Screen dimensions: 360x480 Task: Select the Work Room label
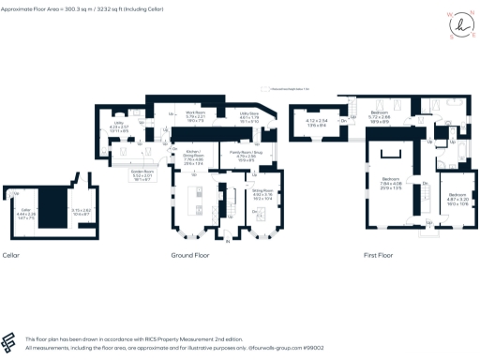pos(194,116)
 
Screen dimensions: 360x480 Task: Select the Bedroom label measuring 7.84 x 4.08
pos(391,183)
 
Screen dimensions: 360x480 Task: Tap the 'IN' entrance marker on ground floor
pos(225,245)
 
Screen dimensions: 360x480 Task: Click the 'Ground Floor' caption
pos(187,255)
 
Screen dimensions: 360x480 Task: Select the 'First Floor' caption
pos(378,255)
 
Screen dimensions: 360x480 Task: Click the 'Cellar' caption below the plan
pos(11,255)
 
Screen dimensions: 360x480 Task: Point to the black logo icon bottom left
pos(10,340)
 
